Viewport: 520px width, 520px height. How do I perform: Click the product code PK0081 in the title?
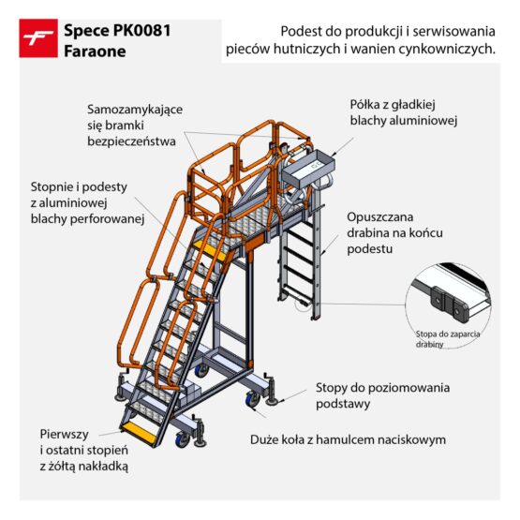[x=141, y=30]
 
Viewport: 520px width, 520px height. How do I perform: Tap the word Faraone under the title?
[x=93, y=51]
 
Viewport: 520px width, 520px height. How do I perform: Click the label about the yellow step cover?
[x=85, y=449]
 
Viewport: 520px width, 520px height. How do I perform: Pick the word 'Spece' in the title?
[x=84, y=30]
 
